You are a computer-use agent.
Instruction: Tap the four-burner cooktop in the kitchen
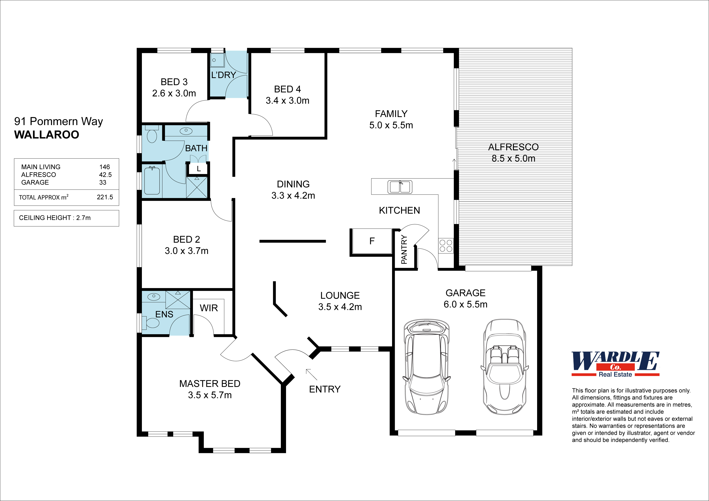[446, 246]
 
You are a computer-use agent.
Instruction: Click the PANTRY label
[404, 249]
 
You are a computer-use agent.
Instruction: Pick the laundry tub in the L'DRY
[217, 60]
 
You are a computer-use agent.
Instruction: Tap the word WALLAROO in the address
[47, 135]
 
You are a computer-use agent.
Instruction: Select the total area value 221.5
[105, 197]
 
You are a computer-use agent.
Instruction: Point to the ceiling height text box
[66, 218]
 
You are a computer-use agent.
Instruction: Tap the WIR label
[209, 308]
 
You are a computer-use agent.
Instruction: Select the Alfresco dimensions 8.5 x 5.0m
[513, 158]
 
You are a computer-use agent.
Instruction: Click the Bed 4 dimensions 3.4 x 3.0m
[287, 101]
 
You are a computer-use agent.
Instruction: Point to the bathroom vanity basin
[186, 131]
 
